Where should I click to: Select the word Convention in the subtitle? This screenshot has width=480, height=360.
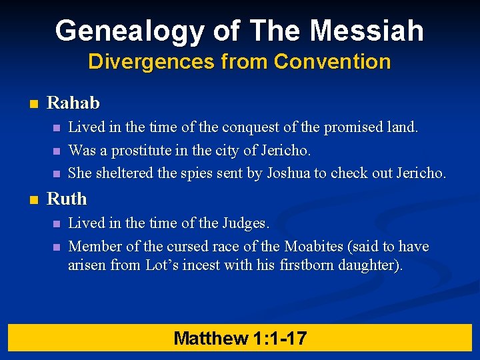point(332,62)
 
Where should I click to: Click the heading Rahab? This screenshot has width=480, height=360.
point(73,103)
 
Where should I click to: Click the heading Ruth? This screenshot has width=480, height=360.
point(67,199)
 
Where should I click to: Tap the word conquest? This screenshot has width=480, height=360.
point(248,127)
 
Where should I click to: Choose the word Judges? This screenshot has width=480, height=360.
point(247,223)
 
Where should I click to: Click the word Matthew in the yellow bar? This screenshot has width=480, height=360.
point(211,338)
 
